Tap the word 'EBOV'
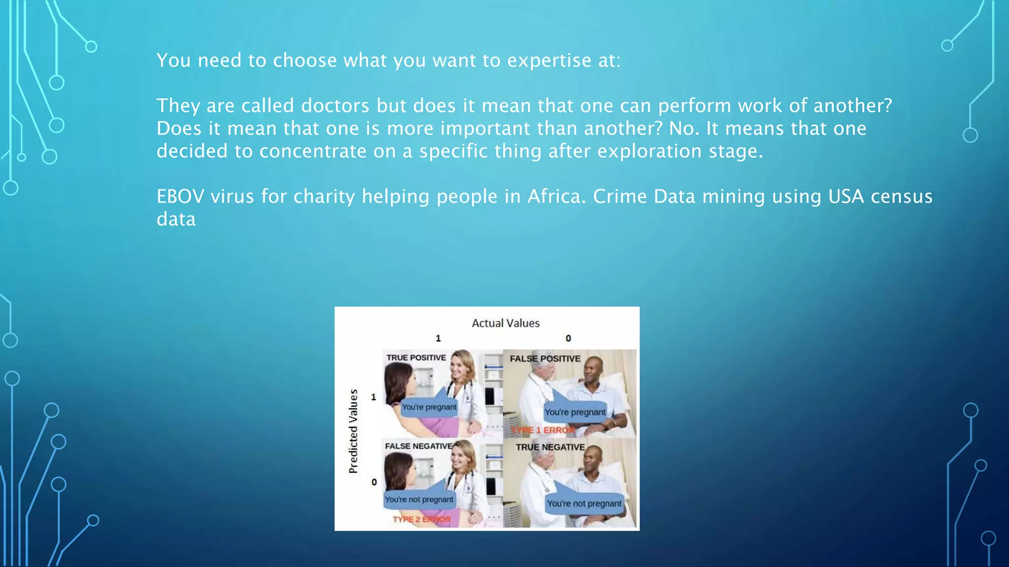click(x=180, y=196)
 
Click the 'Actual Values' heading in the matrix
click(x=505, y=323)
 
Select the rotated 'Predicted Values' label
click(x=353, y=431)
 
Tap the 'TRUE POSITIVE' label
click(x=416, y=358)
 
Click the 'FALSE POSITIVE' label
click(x=545, y=359)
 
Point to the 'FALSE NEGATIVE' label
click(x=419, y=446)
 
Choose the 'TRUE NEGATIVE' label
click(x=550, y=447)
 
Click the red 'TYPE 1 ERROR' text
click(x=542, y=430)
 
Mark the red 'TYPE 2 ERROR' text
click(x=422, y=519)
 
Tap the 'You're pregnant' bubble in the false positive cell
click(x=575, y=412)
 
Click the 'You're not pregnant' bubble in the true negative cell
click(x=584, y=504)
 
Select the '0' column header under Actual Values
click(x=568, y=339)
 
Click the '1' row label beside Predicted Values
click(x=373, y=397)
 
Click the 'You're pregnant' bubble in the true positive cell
click(x=429, y=408)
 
